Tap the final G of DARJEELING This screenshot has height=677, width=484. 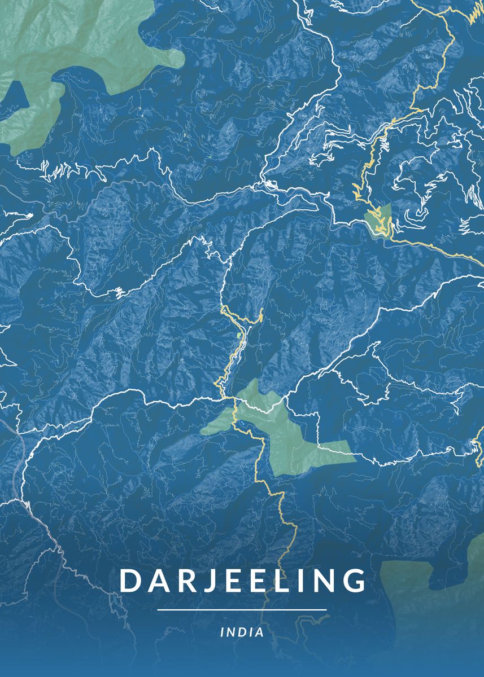tap(354, 581)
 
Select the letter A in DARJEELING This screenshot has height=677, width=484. tap(151, 581)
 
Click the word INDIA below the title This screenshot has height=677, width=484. tap(242, 632)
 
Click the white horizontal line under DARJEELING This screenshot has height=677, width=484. tap(242, 610)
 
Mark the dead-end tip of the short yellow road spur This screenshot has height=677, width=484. tap(263, 310)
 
